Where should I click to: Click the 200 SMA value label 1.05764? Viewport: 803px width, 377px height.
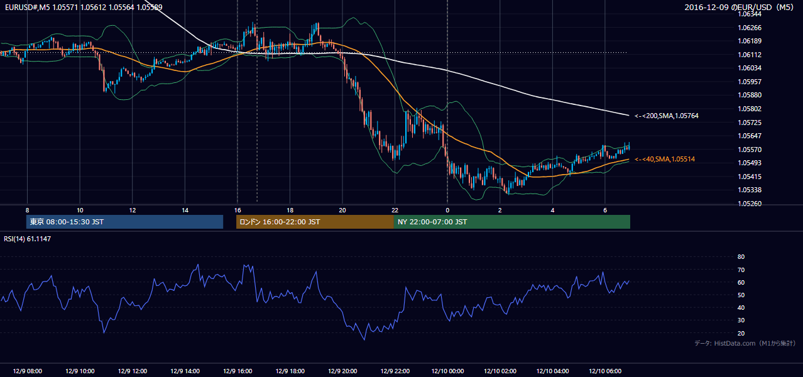coord(667,116)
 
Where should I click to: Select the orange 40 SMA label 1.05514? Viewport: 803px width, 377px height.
coord(665,159)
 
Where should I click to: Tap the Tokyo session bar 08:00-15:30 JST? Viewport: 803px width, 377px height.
coord(124,222)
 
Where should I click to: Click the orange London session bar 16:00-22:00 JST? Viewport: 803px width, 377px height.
coord(315,222)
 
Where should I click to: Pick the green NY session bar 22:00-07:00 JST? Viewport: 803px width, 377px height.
coord(512,222)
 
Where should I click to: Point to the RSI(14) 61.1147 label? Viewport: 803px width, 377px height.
coord(27,239)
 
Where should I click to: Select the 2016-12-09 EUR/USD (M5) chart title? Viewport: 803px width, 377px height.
coord(739,7)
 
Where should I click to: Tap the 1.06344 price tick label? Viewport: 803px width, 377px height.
coord(749,14)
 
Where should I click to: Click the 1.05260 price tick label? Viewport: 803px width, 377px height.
coord(749,204)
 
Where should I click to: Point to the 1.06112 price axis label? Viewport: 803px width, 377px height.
coord(749,55)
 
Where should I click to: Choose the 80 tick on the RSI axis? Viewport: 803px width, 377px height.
coord(741,256)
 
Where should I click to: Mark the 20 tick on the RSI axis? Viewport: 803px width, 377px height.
coord(741,333)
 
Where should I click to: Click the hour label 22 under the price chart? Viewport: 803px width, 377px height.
coord(395,210)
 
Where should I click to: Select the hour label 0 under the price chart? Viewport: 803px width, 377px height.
coord(447,210)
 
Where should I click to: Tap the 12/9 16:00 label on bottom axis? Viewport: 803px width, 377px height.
coord(238,371)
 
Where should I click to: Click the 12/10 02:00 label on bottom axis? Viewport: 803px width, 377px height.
coord(500,371)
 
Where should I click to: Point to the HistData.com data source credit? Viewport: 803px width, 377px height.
coord(745,343)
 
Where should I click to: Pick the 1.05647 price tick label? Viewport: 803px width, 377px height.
coord(749,136)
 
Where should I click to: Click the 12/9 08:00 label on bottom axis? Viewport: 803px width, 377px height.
coord(27,371)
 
